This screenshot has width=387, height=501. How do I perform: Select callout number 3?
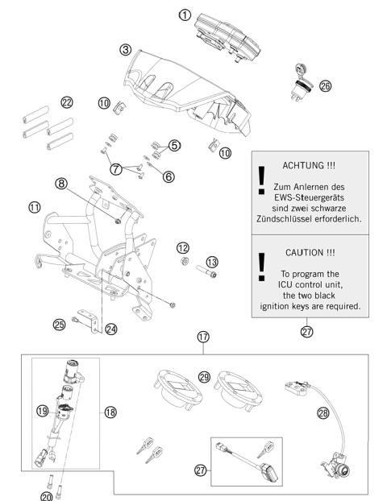pyautogui.click(x=125, y=50)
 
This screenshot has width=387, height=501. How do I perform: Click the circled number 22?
pyautogui.click(x=67, y=102)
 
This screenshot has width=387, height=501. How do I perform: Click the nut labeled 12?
pyautogui.click(x=184, y=262)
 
